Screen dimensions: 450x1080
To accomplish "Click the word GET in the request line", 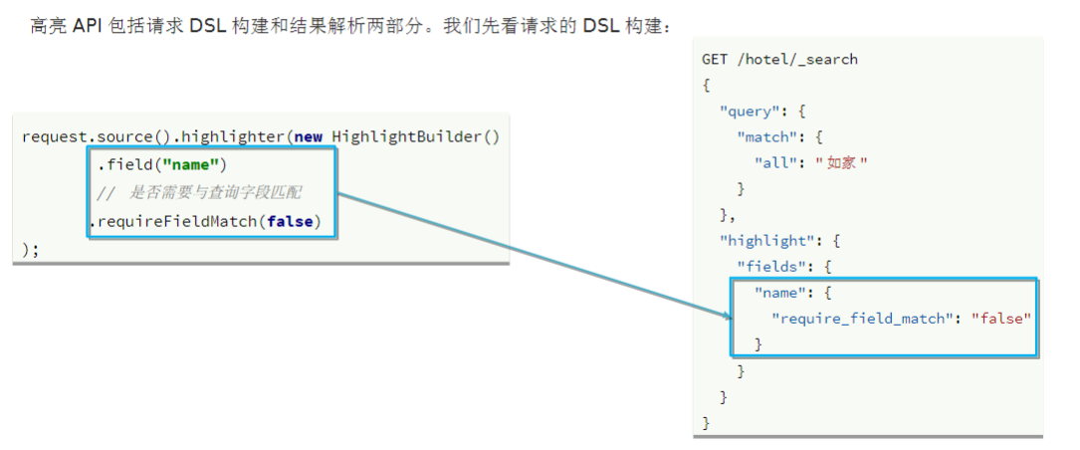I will (x=716, y=60).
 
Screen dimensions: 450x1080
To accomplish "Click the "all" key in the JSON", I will (x=780, y=162).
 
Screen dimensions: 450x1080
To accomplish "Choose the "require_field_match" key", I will (x=863, y=318).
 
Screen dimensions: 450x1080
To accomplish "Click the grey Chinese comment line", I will (x=199, y=193).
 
